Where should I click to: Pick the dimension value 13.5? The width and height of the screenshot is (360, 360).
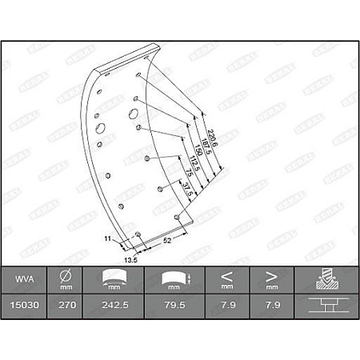[x=128, y=259]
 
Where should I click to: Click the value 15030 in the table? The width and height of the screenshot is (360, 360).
[x=23, y=304]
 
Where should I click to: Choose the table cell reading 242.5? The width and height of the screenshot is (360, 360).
[x=117, y=304]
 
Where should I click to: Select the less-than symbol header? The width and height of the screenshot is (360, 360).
[x=227, y=277]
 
